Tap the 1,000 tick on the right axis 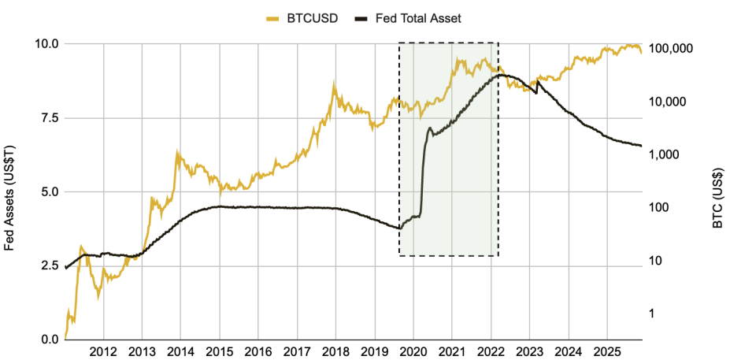tap(665, 155)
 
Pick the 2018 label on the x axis tap(335, 351)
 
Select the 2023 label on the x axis tap(529, 351)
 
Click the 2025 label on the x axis tap(606, 351)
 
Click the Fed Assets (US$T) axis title tap(9, 197)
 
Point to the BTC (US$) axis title tap(718, 200)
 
